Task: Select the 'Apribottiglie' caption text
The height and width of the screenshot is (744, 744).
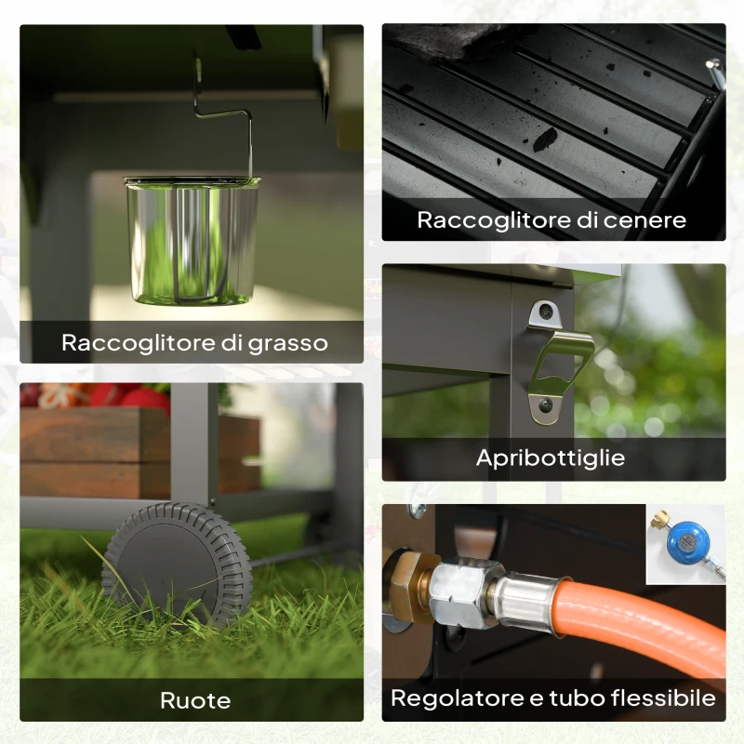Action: click(x=551, y=458)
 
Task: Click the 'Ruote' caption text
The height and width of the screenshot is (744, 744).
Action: click(x=195, y=701)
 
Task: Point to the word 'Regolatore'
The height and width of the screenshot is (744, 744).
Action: click(x=458, y=699)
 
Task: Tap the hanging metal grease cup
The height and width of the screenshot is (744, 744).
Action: click(x=192, y=241)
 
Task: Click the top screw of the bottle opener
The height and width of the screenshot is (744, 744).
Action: click(x=547, y=312)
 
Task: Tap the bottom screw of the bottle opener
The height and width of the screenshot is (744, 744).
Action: click(x=546, y=405)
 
